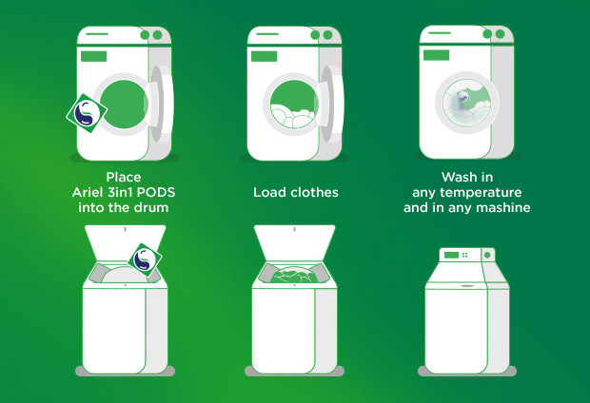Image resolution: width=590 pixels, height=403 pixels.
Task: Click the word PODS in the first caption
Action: tap(156, 193)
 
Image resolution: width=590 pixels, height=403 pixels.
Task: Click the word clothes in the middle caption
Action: tap(315, 193)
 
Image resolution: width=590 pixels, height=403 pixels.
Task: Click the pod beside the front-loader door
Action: tap(87, 113)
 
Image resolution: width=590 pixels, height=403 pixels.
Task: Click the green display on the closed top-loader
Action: tap(451, 255)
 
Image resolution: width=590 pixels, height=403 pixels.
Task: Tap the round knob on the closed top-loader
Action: tap(487, 255)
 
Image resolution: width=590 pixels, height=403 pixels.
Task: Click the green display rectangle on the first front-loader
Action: tap(93, 56)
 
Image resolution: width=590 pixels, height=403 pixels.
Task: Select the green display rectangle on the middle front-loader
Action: tap(265, 56)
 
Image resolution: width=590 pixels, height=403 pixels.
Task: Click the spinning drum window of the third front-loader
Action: tap(466, 103)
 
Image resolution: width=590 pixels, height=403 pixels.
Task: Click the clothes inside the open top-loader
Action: tap(293, 275)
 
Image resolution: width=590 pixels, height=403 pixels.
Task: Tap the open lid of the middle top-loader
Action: tap(295, 241)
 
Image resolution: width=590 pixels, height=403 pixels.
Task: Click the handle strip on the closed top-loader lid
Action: tap(467, 286)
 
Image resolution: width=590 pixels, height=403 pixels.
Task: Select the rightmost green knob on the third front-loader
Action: tap(500, 34)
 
